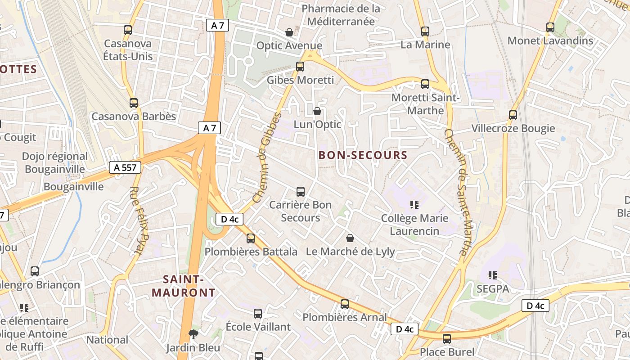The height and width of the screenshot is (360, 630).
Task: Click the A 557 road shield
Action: pos(125,168)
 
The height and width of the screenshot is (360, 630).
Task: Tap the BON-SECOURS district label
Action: pos(363,155)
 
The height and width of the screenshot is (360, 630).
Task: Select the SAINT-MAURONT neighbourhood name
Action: pos(184,286)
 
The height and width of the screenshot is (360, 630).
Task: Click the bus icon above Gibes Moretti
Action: pos(300,67)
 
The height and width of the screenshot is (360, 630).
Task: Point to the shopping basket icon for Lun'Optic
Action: pos(317,111)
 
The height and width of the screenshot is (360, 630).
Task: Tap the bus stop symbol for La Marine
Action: pos(425,31)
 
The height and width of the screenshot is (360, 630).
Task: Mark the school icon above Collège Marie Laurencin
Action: pos(414,205)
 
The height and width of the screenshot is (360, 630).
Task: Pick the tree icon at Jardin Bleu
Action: pos(193,334)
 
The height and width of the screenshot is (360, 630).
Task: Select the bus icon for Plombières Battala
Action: pos(251,238)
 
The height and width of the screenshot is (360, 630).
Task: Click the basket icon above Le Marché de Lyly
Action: pos(350,238)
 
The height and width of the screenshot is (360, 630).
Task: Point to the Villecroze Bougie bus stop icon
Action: pos(513,115)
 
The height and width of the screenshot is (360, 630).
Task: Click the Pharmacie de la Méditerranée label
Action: pos(341,15)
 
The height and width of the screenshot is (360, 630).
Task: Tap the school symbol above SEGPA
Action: pos(493,275)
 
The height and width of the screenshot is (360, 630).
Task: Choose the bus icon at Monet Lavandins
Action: pos(550,27)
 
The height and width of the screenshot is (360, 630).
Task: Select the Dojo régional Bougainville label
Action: pos(55,162)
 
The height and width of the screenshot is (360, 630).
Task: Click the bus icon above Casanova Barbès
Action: pos(134,103)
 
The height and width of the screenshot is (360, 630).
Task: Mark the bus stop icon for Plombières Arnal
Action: pos(345,304)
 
